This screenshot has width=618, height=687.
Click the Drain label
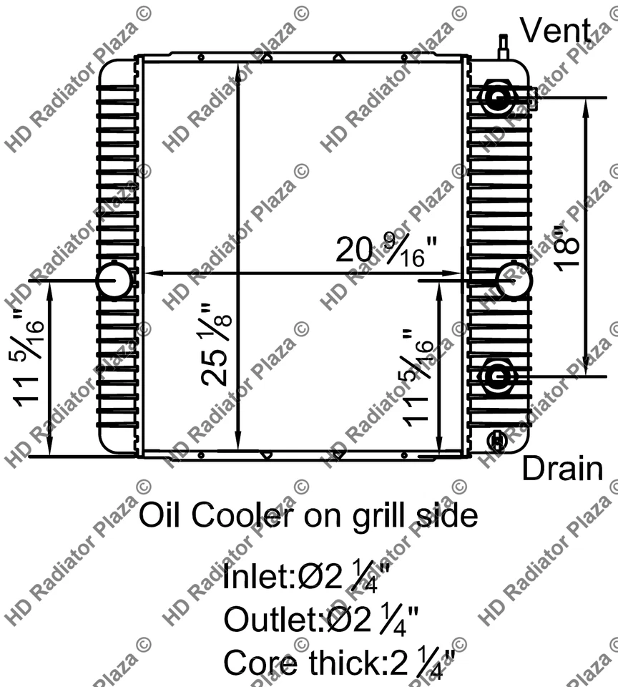point(561,469)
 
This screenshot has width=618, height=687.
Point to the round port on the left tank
point(114,280)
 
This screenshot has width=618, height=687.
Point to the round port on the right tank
point(514,280)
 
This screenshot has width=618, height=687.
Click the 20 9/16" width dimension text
point(387,251)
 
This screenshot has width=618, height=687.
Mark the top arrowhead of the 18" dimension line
point(587,104)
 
